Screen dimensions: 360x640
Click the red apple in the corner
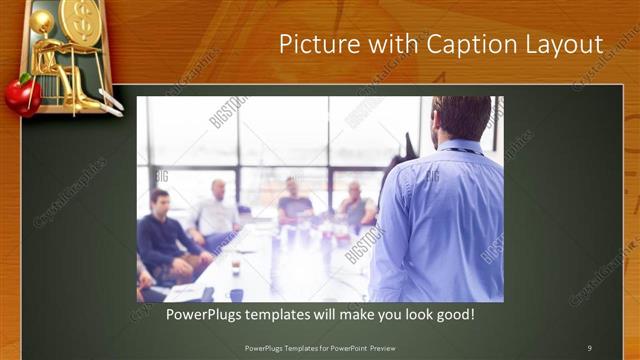pos(21,95)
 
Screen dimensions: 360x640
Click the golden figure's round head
pos(42,22)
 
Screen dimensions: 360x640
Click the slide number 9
pos(589,347)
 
